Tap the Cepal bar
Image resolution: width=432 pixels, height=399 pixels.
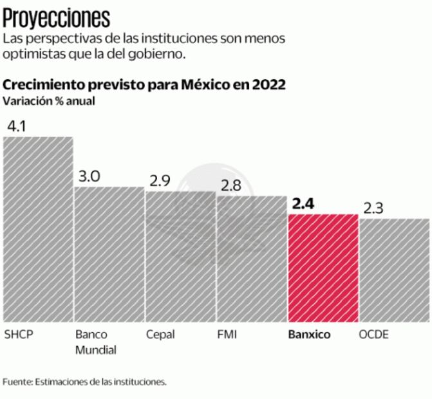180,257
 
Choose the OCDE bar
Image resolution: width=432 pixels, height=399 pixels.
394,270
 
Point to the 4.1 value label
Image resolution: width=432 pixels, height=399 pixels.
15,126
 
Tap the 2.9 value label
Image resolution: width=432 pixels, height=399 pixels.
160,181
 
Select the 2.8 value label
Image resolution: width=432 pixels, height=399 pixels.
230,185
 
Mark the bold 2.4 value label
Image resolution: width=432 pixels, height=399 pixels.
303,204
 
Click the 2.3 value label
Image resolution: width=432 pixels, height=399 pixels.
373,209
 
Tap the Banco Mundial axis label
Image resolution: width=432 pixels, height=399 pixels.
95,342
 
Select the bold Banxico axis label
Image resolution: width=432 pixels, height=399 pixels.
309,335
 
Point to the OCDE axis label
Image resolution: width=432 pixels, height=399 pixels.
373,335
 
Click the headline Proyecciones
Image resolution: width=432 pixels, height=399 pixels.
56,16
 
